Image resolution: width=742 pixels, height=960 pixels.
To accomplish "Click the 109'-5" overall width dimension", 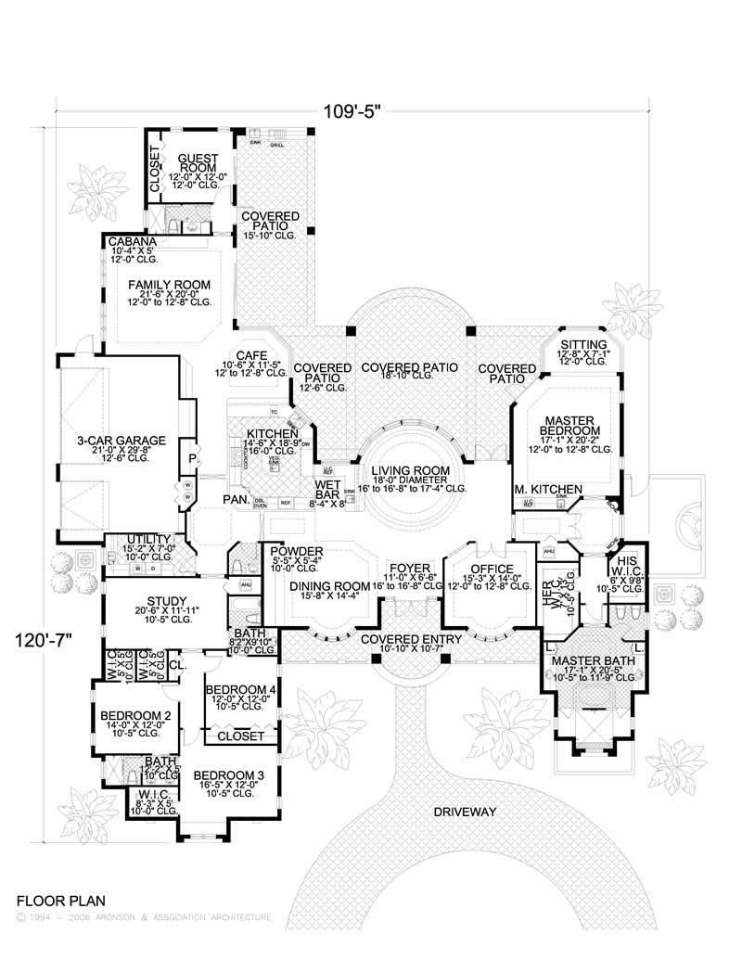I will click(352, 110).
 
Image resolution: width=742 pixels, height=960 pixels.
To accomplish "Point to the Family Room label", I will click(169, 285).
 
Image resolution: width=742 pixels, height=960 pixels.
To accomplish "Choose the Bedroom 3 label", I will click(229, 775).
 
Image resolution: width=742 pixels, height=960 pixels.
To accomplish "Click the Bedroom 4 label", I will click(240, 689).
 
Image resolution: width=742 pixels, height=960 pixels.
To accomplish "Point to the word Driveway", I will click(465, 812).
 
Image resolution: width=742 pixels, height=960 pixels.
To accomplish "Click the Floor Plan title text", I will click(60, 900).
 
